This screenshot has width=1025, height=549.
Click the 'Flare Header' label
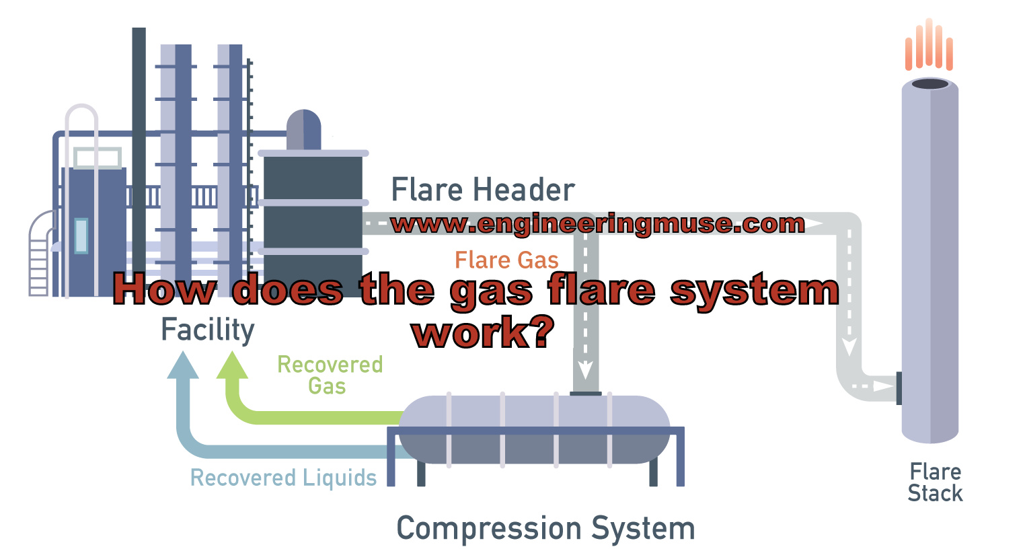(x=482, y=190)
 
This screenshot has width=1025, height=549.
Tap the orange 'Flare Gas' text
(x=506, y=260)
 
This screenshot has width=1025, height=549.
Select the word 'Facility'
(x=208, y=330)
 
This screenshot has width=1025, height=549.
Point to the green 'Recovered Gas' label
(x=330, y=375)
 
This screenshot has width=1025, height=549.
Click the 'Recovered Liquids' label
(x=283, y=478)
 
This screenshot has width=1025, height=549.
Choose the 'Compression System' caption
(x=545, y=528)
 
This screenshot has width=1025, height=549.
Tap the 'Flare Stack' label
(x=935, y=482)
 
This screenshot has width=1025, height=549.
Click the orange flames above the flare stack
(x=929, y=46)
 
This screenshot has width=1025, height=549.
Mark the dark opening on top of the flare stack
(x=930, y=84)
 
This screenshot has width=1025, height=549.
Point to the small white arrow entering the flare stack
(x=880, y=386)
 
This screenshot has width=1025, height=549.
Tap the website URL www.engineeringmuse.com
(x=597, y=224)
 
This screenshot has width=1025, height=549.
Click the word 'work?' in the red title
(x=484, y=332)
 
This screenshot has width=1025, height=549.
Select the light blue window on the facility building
(x=81, y=235)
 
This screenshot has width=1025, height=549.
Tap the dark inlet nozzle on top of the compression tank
(x=585, y=394)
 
